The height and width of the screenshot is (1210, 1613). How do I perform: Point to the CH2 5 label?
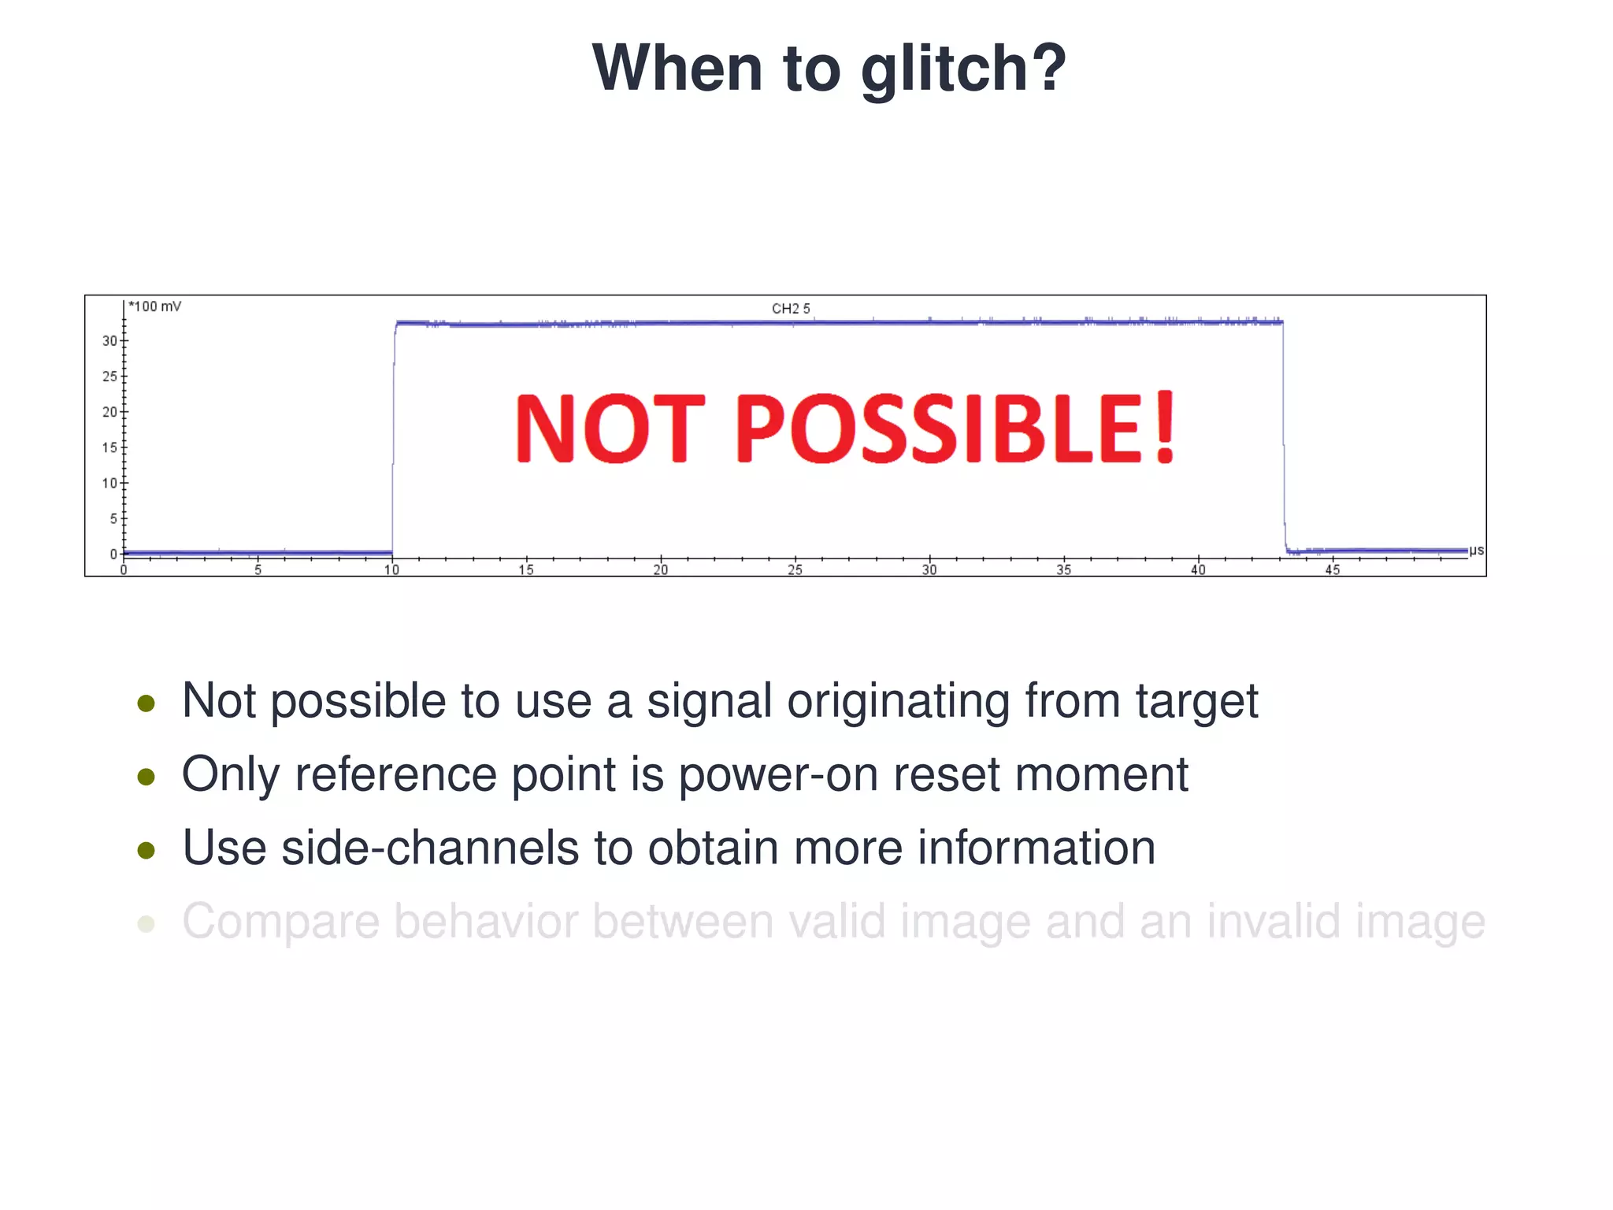tap(791, 309)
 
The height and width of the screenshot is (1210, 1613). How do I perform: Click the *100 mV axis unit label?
tap(155, 306)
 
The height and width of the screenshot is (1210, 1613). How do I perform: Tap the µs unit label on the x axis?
tap(1476, 550)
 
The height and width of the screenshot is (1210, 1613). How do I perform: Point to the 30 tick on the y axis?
tap(109, 341)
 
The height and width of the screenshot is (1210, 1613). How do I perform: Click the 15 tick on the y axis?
tap(109, 447)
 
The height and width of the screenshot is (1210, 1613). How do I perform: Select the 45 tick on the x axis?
tap(1332, 570)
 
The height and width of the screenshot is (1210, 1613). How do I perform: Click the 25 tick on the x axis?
tap(795, 570)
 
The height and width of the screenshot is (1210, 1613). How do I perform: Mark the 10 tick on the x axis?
tap(391, 570)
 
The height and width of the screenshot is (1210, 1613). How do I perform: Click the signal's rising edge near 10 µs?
tap(393, 441)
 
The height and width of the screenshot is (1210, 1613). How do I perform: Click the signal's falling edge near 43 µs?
tap(1284, 441)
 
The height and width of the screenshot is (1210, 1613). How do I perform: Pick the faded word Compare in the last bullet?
tap(280, 922)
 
